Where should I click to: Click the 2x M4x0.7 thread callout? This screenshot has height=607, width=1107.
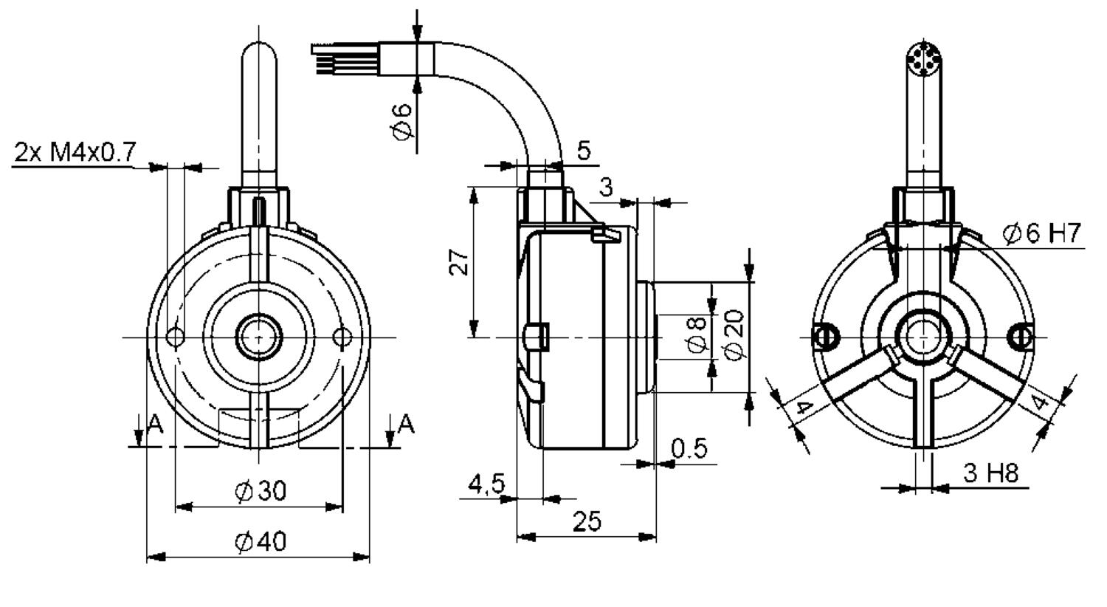[75, 154]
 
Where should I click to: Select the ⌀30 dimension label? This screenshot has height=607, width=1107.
[261, 491]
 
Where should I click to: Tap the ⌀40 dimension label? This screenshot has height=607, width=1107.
[261, 543]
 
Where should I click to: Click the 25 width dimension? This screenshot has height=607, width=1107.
[587, 522]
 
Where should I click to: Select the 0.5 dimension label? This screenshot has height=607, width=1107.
[689, 448]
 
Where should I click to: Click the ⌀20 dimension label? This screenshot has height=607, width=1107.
[734, 334]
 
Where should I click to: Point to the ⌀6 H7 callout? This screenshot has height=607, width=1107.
[1041, 234]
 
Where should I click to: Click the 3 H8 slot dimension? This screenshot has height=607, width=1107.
[992, 473]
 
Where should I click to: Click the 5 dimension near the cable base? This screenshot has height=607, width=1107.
[584, 151]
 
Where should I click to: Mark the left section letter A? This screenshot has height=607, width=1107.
[154, 424]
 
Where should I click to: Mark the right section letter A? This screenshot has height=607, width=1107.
[406, 424]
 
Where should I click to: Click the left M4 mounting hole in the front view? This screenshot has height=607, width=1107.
[176, 337]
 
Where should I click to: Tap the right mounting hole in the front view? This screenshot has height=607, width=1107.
[342, 337]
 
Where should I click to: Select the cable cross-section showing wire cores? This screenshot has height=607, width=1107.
[921, 59]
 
